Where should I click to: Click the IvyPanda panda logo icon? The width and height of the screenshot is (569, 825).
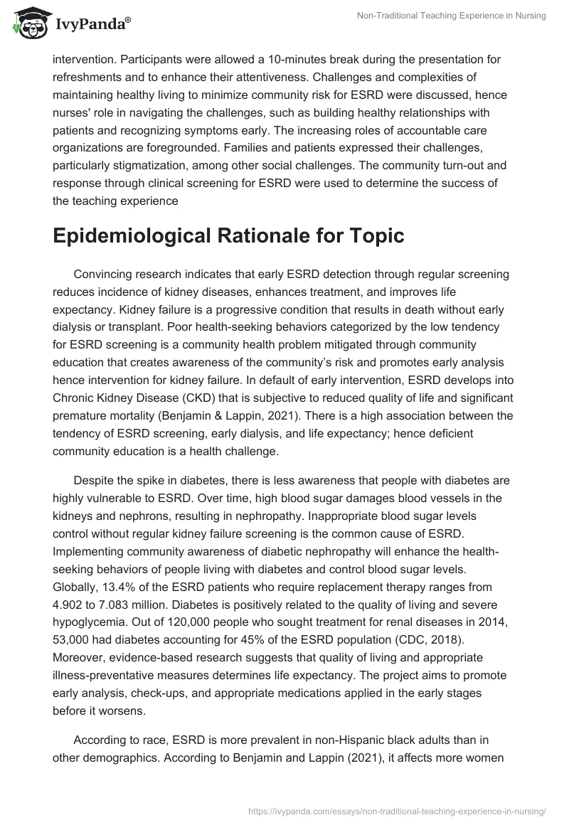pos(27,23)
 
